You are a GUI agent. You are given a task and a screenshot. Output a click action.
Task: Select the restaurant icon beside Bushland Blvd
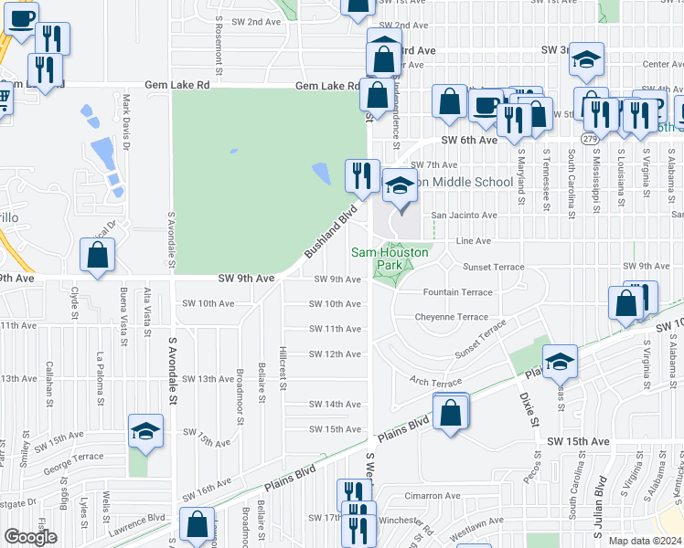click(x=361, y=174)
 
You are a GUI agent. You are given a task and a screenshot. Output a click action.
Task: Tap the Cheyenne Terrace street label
click(x=452, y=317)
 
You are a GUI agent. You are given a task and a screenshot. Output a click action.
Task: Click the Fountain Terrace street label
click(x=457, y=293)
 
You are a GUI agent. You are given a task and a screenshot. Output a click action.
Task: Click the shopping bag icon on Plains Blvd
click(x=452, y=412)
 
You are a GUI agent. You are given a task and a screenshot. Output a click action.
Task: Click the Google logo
click(x=30, y=537)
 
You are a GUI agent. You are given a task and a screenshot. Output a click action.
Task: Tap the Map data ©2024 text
click(x=643, y=541)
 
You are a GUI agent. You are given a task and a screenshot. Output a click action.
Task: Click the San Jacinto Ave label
click(x=464, y=216)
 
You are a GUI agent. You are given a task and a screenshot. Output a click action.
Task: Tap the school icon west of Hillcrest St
click(x=145, y=430)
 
